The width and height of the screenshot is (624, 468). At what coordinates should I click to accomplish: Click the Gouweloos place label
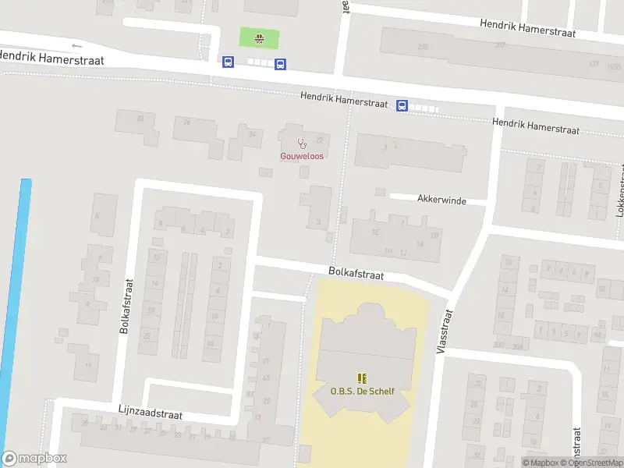(x=302, y=156)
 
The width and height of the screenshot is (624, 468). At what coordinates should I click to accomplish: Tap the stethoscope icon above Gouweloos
(x=302, y=143)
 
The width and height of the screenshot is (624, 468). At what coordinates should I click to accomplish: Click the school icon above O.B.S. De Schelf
(x=361, y=378)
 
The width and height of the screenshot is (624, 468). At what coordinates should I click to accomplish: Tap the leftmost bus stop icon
(x=228, y=62)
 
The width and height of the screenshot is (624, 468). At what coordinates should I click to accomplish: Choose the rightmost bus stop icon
(x=402, y=106)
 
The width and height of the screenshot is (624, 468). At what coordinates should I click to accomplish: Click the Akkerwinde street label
(x=441, y=200)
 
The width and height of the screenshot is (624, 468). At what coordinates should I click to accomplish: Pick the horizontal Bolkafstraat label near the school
(x=356, y=274)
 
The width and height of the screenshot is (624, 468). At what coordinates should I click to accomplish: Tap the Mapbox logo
(x=34, y=459)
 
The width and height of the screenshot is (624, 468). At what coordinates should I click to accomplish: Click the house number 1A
(x=420, y=243)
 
